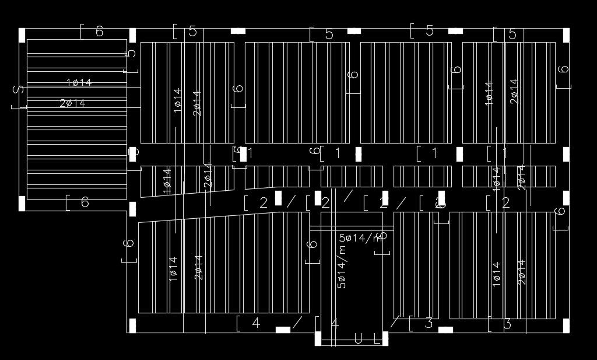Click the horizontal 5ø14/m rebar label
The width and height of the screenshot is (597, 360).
pyautogui.click(x=363, y=237)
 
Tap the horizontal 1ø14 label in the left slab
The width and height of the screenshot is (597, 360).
pyautogui.click(x=79, y=83)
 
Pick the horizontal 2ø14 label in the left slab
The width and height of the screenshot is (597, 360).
pyautogui.click(x=73, y=103)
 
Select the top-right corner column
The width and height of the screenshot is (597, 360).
pyautogui.click(x=566, y=35)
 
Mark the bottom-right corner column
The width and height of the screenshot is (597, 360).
pyautogui.click(x=566, y=326)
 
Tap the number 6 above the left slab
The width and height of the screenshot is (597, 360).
pyautogui.click(x=100, y=32)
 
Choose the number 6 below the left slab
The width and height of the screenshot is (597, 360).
pyautogui.click(x=85, y=202)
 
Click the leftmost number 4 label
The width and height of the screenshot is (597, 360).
pyautogui.click(x=255, y=323)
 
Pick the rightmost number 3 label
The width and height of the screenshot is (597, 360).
pyautogui.click(x=507, y=323)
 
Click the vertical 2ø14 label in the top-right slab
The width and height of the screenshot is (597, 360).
pyautogui.click(x=514, y=92)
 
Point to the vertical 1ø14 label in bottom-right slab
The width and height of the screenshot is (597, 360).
pyautogui.click(x=496, y=273)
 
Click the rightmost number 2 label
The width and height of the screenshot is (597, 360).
pyautogui.click(x=506, y=203)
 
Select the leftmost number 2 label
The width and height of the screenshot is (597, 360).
pyautogui.click(x=264, y=203)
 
